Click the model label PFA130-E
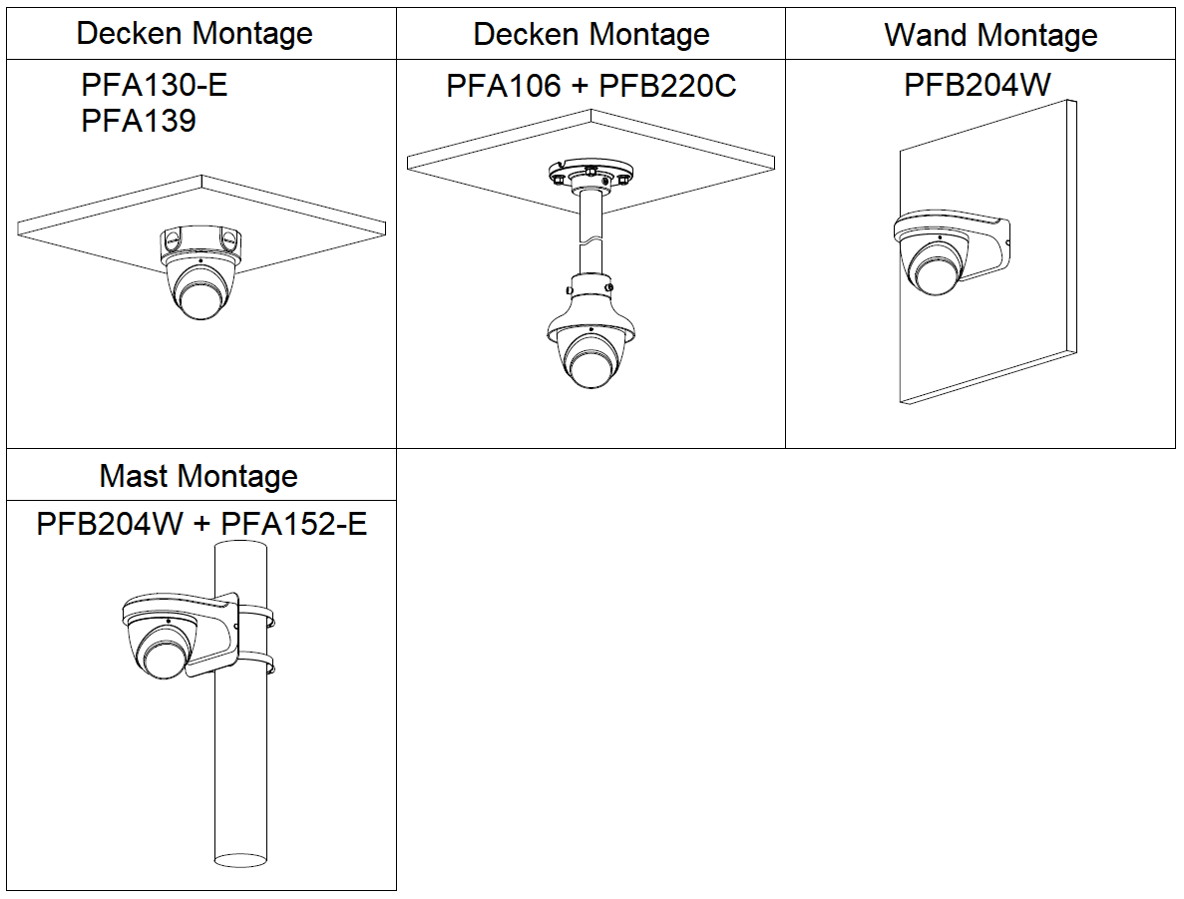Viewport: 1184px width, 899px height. [155, 86]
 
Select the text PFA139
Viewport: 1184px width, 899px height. [139, 122]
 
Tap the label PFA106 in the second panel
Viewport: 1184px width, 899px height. [504, 87]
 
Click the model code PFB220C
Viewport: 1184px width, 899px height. [667, 87]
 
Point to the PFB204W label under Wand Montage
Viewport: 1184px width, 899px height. [978, 85]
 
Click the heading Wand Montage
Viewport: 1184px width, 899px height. [990, 36]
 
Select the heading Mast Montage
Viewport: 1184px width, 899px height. [198, 476]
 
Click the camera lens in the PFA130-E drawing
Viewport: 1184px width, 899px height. [198, 293]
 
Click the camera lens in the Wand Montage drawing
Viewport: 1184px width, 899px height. [935, 269]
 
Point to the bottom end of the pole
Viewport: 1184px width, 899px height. [241, 857]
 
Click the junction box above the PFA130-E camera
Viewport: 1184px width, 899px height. [200, 241]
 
